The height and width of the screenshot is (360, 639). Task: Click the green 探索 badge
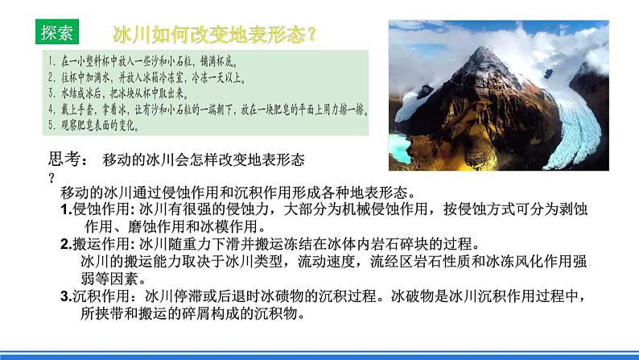58,31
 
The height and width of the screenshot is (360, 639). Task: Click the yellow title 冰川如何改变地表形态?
213,35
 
